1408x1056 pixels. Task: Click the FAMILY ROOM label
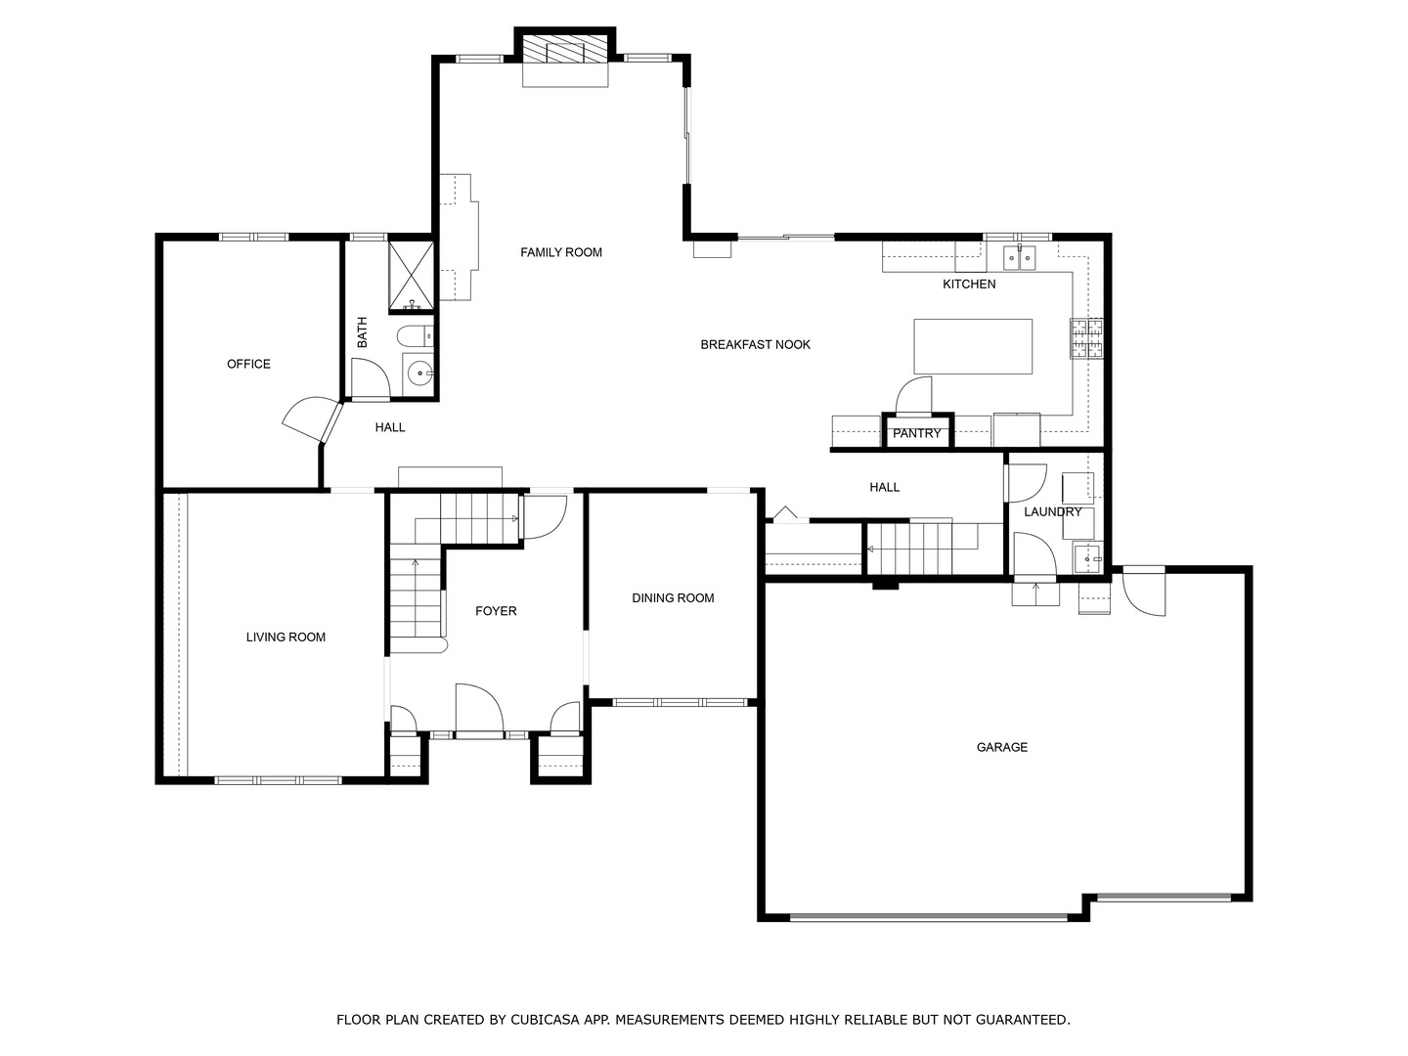click(560, 252)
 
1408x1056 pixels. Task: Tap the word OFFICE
click(249, 364)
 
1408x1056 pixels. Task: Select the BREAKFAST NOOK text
click(755, 345)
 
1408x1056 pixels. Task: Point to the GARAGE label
click(1002, 747)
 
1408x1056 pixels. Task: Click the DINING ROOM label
click(673, 598)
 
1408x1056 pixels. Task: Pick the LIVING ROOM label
click(286, 638)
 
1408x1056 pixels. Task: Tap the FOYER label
click(496, 611)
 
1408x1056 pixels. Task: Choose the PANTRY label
click(916, 433)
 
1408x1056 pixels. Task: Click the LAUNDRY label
click(1053, 511)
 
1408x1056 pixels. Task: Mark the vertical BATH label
click(363, 332)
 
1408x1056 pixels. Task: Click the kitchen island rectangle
click(973, 346)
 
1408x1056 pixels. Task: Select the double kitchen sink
click(1019, 258)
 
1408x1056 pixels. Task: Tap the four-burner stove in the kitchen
click(1086, 338)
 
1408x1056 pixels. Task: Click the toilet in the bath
click(415, 336)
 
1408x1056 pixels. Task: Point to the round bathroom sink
click(420, 372)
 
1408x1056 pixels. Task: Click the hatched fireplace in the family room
click(564, 49)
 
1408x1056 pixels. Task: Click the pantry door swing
click(913, 396)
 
